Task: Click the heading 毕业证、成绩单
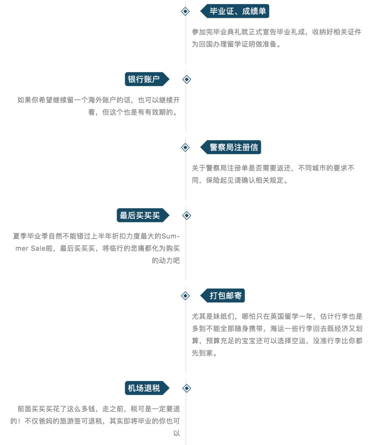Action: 237,11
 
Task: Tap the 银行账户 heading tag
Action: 144,79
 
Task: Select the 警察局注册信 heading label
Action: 234,147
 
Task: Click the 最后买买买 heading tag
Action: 139,215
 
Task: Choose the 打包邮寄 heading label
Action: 225,296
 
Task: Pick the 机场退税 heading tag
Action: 144,388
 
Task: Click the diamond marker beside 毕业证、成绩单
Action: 185,11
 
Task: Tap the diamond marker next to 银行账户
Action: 187,80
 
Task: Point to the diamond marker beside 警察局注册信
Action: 185,147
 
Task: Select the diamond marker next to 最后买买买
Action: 187,215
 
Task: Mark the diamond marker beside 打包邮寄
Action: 185,296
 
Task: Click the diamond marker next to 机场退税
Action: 187,388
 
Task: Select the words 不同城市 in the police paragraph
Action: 312,168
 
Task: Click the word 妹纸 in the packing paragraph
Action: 220,317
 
